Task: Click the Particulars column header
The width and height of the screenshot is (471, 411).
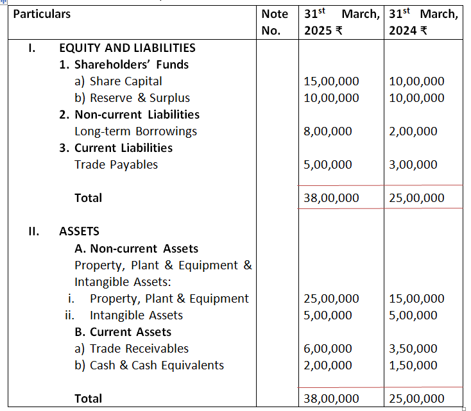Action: [x=42, y=13]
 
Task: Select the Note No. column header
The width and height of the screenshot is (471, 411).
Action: [x=275, y=22]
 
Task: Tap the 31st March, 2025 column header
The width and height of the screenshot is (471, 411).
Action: [x=341, y=22]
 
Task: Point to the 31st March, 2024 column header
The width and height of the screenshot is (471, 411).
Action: [x=424, y=22]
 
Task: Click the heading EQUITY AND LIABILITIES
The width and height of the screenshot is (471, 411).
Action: [x=127, y=48]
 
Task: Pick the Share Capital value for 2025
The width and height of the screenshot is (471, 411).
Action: [x=331, y=81]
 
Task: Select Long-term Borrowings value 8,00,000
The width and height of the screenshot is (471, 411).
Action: [x=328, y=131]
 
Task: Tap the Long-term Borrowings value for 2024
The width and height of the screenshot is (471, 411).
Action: [x=413, y=131]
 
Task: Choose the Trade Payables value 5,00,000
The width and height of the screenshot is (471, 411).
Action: [x=328, y=165]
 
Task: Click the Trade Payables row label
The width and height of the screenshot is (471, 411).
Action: [x=116, y=165]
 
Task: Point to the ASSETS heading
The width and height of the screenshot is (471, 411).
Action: [x=79, y=231]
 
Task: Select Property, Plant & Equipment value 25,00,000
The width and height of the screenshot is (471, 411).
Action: [x=331, y=299]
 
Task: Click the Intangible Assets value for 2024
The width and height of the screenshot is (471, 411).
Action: [x=413, y=315]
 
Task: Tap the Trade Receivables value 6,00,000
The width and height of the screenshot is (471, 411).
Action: [x=328, y=349]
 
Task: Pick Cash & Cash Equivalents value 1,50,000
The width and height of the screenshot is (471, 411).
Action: [x=413, y=365]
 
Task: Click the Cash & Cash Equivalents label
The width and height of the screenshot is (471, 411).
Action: [x=157, y=365]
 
